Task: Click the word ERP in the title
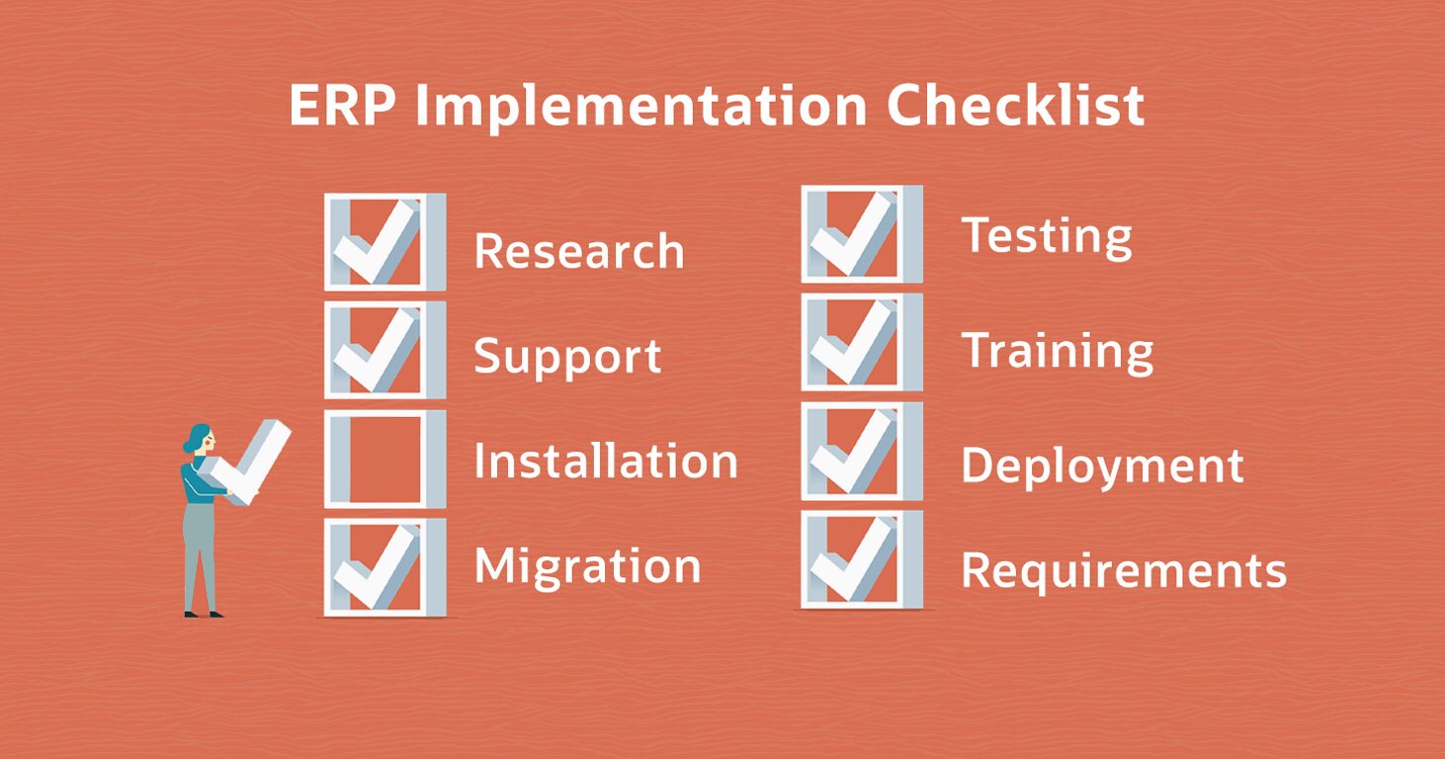click(x=343, y=106)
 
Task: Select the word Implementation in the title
click(x=641, y=108)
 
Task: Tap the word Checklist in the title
click(x=1016, y=105)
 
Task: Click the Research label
click(x=578, y=250)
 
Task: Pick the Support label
click(x=567, y=357)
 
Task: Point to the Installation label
click(x=606, y=461)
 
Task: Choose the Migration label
click(x=588, y=567)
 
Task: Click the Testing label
click(x=1047, y=237)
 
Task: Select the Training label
click(x=1058, y=352)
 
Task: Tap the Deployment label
click(x=1102, y=466)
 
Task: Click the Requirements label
click(x=1124, y=570)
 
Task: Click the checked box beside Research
click(x=385, y=242)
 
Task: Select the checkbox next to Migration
click(x=385, y=567)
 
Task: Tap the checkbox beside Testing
click(x=862, y=234)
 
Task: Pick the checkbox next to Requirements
click(x=862, y=559)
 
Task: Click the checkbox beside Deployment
click(x=862, y=452)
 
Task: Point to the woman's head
click(x=200, y=439)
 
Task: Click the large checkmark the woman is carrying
click(x=245, y=463)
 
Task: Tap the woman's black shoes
click(x=204, y=615)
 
